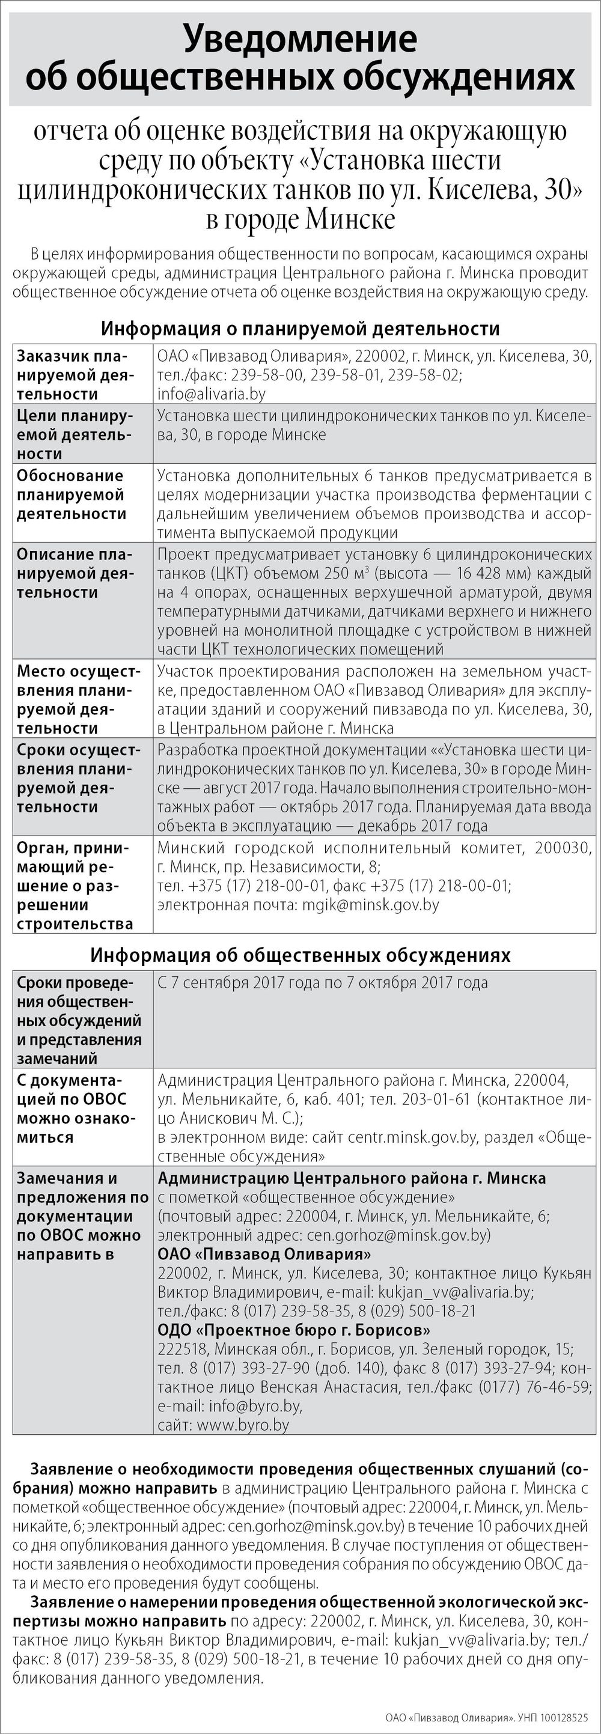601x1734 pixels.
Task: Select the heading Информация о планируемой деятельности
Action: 300,329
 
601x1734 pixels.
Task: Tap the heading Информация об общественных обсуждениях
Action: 300,955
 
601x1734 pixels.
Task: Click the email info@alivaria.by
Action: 212,394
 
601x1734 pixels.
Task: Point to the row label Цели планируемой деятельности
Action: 75,434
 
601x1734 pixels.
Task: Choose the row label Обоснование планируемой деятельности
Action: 71,494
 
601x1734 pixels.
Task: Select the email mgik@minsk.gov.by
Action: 370,905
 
